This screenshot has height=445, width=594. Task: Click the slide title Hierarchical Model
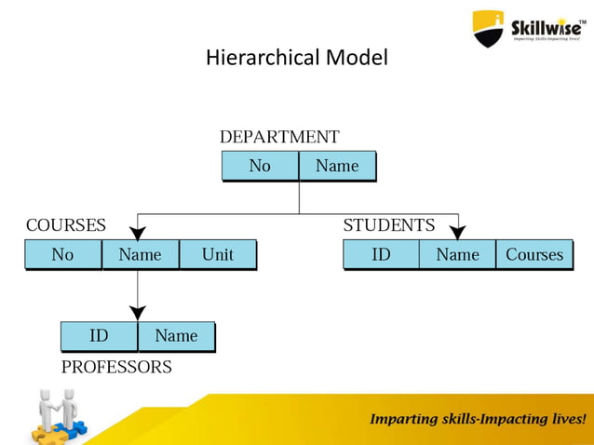click(296, 58)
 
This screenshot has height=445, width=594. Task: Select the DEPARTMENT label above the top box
click(279, 137)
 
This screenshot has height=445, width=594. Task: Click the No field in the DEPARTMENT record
click(260, 166)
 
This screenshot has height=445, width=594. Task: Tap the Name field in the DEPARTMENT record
click(336, 166)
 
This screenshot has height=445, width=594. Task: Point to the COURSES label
click(65, 225)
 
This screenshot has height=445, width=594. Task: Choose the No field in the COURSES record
click(62, 254)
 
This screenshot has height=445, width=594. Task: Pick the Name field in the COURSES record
click(140, 254)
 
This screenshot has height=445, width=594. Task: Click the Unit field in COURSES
click(217, 254)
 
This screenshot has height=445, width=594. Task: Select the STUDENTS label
click(388, 225)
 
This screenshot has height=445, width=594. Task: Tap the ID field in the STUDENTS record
click(381, 254)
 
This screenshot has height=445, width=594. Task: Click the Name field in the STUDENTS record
click(457, 254)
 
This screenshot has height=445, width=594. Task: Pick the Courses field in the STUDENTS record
click(534, 254)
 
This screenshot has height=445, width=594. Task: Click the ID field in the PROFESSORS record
click(99, 336)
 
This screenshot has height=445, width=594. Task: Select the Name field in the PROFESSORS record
click(176, 336)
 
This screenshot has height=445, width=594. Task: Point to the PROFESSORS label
click(116, 367)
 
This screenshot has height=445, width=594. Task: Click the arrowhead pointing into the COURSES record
click(138, 233)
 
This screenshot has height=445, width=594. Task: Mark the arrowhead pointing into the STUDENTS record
click(457, 233)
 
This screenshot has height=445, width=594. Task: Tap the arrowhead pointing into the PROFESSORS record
click(138, 314)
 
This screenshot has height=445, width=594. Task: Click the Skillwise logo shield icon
click(488, 28)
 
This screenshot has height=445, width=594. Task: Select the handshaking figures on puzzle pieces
click(58, 415)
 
